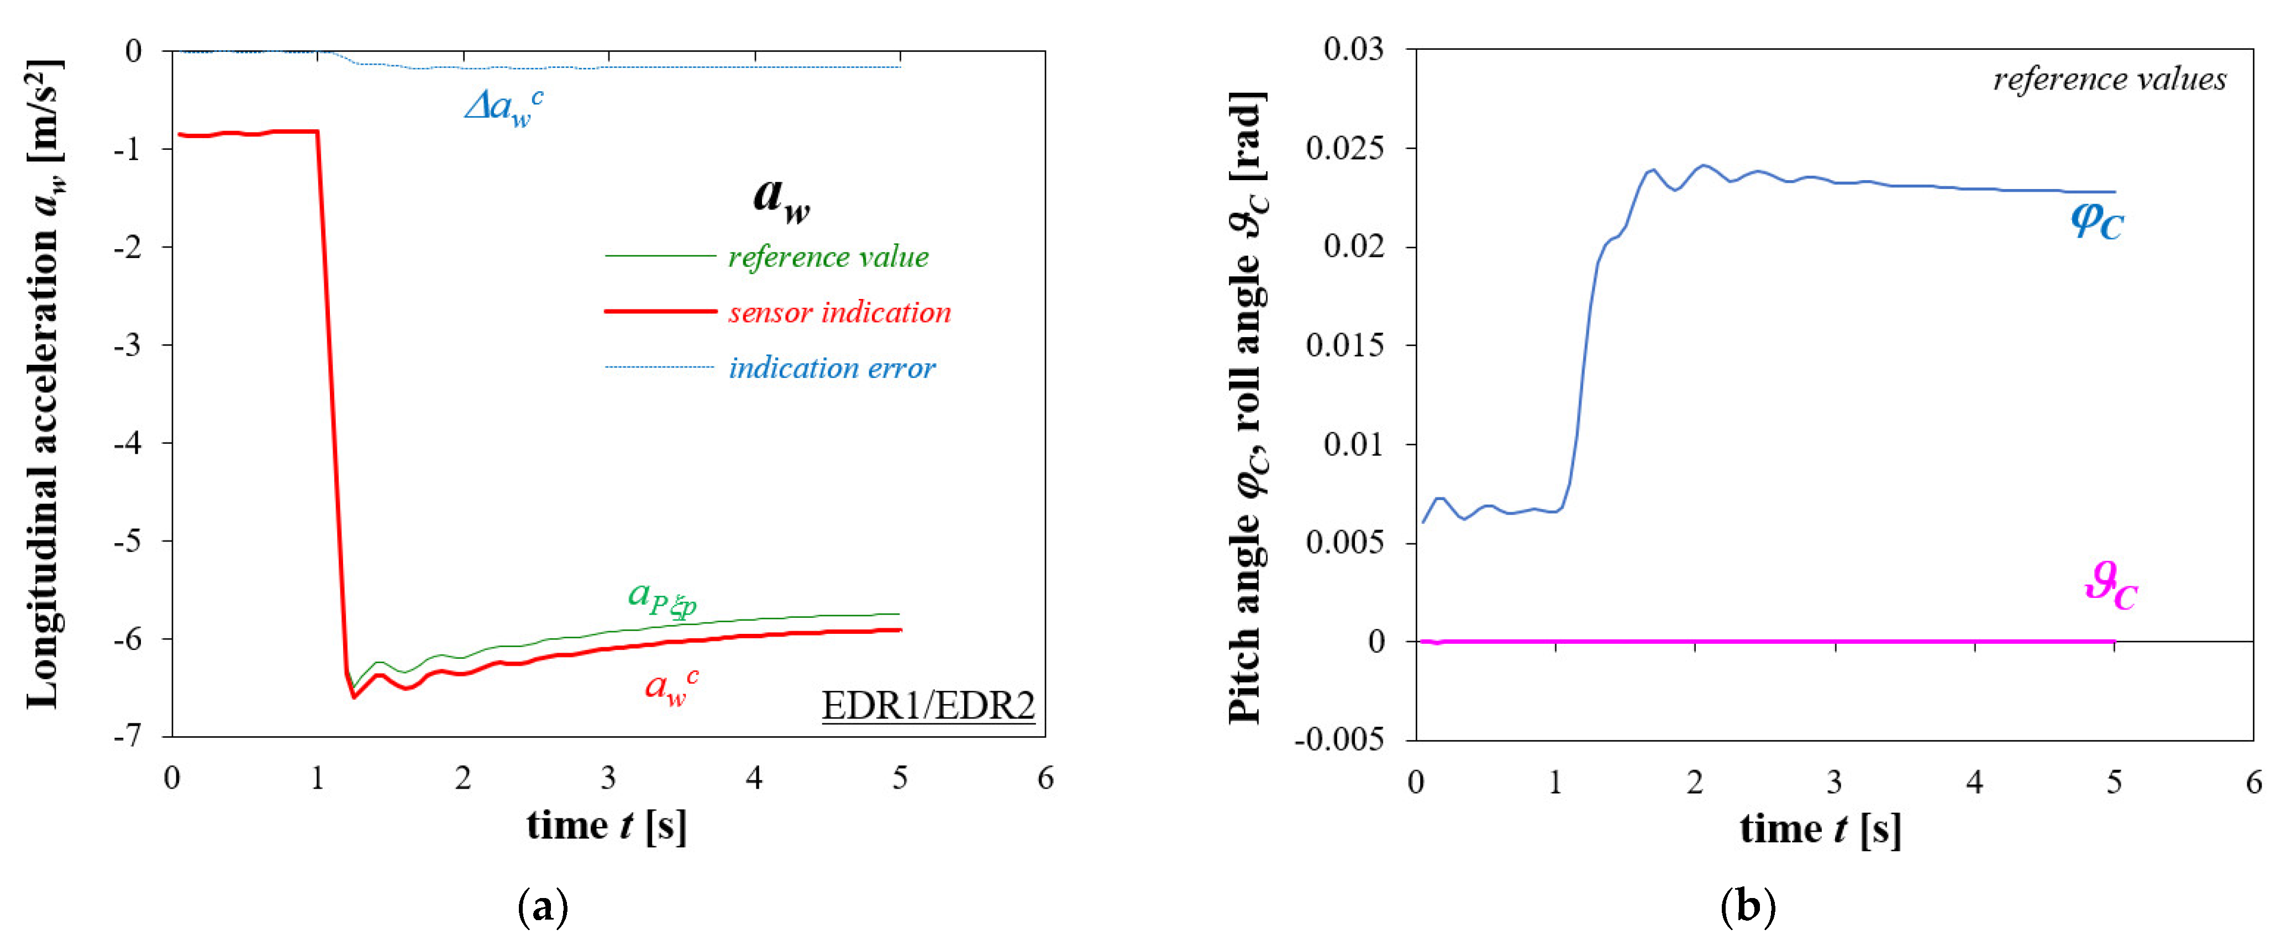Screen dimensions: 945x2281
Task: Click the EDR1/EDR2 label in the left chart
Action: [x=927, y=706]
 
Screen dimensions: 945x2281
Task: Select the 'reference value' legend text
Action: [x=828, y=257]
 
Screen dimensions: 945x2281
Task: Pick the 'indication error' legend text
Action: [x=832, y=368]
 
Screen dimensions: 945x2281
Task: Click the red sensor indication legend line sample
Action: [x=660, y=312]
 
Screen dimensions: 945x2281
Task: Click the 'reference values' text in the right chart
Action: [x=2109, y=80]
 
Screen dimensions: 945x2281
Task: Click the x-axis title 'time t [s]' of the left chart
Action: [x=607, y=826]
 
